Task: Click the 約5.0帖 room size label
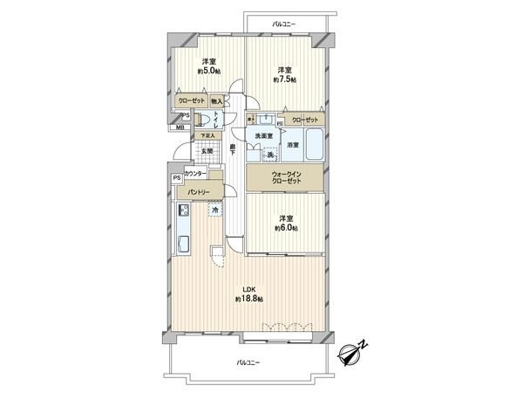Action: (208, 71)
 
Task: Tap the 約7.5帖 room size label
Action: (285, 79)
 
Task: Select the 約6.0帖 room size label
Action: (285, 228)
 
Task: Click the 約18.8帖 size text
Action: (248, 300)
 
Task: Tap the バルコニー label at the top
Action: (283, 24)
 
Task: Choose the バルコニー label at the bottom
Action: (249, 362)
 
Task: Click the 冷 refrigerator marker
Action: (214, 210)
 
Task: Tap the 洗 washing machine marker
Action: (270, 155)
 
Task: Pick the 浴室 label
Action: (295, 145)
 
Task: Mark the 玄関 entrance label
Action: (206, 151)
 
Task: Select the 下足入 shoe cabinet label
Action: (206, 135)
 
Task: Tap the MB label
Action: (180, 128)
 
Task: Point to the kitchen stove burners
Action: (184, 210)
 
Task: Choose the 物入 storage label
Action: (216, 102)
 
